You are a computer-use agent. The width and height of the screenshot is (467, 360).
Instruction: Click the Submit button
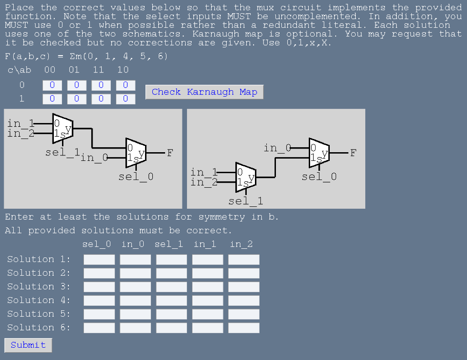(x=28, y=345)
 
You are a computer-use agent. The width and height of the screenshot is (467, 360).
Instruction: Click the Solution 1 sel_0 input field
(x=99, y=259)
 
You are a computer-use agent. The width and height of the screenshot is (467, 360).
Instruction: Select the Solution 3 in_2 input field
(x=244, y=287)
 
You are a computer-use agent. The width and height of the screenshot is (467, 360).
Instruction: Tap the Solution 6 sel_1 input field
(x=171, y=328)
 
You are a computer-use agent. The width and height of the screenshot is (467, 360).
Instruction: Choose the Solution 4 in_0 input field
(x=135, y=300)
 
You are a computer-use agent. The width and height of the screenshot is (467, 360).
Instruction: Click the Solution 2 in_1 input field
(x=208, y=273)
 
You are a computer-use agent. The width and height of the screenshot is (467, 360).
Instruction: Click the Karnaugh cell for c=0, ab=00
(x=52, y=85)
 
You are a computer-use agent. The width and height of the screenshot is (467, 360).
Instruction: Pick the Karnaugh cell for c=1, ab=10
(x=125, y=98)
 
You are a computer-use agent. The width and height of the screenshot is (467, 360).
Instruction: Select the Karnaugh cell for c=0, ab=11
(x=101, y=85)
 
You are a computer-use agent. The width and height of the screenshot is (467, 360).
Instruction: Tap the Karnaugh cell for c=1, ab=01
(x=77, y=98)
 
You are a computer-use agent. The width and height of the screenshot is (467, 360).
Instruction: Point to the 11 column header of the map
(x=99, y=70)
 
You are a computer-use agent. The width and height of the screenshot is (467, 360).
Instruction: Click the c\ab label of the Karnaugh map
(x=20, y=70)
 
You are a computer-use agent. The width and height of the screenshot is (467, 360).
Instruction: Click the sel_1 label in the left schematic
(x=62, y=152)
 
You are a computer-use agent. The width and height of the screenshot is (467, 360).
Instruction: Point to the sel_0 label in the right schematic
(x=319, y=176)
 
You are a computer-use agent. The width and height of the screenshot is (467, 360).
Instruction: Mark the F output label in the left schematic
(x=170, y=153)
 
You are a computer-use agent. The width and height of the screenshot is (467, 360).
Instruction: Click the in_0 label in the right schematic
(x=277, y=148)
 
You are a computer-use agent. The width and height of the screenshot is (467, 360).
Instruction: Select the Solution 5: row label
(x=39, y=314)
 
